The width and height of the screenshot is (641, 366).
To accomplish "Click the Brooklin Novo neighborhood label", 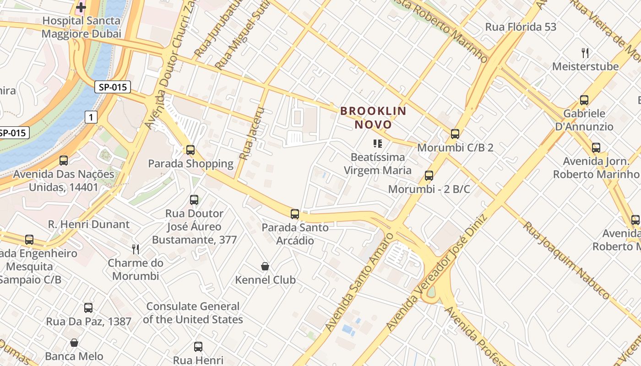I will (x=373, y=118).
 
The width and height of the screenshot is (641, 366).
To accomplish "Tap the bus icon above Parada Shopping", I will (x=190, y=150).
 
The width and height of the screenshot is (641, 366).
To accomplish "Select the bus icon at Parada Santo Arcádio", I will (x=295, y=214).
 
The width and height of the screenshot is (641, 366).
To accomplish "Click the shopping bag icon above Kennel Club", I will (x=265, y=266).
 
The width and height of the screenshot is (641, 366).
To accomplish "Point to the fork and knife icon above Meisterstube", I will (x=585, y=53).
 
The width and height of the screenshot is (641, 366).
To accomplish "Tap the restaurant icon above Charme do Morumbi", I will (x=136, y=249).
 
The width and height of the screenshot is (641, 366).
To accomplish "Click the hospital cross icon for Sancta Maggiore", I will (x=81, y=7).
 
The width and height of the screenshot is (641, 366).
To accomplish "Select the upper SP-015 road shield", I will (x=113, y=87).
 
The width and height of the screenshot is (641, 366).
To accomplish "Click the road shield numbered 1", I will (x=91, y=118).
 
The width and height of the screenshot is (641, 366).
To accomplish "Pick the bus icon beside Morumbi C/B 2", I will (x=455, y=134).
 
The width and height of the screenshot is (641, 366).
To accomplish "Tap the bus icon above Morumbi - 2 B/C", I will (x=429, y=175).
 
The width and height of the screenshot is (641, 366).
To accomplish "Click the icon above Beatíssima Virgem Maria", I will (x=377, y=144).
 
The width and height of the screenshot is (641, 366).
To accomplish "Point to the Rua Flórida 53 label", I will (x=521, y=27).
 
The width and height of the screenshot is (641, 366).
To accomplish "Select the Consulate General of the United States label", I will (x=193, y=313).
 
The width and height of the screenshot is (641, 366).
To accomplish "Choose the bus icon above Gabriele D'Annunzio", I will (x=584, y=100).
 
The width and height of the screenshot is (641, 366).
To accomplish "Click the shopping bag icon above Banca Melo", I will (x=74, y=343).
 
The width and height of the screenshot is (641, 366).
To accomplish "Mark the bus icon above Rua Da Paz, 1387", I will (x=88, y=308).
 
